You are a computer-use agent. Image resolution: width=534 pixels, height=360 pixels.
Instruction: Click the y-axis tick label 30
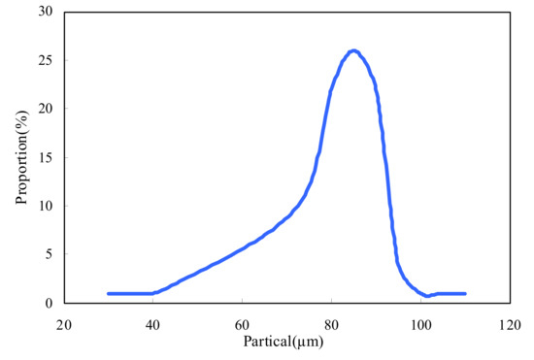[45, 12]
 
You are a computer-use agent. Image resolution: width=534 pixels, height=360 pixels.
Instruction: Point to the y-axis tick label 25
[45, 60]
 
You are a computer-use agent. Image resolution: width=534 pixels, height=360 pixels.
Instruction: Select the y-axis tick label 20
[45, 109]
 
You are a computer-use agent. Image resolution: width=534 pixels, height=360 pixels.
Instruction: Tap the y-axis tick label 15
[45, 157]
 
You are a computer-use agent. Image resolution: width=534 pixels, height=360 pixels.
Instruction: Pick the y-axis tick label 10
[45, 206]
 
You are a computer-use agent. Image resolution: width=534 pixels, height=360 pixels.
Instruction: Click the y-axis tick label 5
[49, 254]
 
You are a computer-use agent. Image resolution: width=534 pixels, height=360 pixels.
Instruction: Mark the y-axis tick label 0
[49, 303]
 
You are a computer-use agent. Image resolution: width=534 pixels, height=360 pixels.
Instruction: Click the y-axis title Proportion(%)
[20, 158]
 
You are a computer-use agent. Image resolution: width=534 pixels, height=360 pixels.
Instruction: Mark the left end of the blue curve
[109, 293]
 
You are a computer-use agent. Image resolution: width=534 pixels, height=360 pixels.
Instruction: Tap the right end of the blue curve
[465, 293]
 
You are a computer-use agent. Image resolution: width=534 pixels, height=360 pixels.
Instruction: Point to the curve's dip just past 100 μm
[427, 296]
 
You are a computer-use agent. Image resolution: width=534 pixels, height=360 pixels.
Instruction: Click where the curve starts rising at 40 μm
[153, 293]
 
